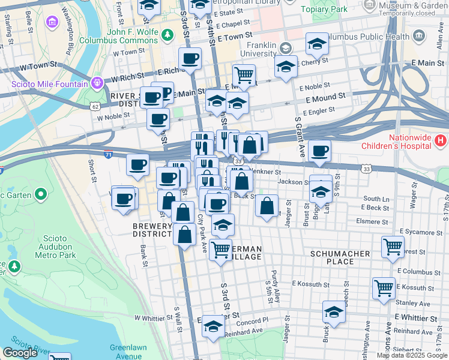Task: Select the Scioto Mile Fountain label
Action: coord(49,83)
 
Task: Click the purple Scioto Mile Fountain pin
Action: coord(95,82)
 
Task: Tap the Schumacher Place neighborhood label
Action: coord(340,258)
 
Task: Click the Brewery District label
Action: coord(152,230)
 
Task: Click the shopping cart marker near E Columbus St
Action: coord(393,246)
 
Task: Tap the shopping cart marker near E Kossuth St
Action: coord(384,287)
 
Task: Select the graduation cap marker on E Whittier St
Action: coord(334,312)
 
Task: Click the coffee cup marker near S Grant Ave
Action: coord(320,151)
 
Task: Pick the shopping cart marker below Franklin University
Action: coord(244,76)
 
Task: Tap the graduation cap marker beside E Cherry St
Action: coord(286,67)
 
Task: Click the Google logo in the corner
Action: coord(20,353)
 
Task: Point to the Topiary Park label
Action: coord(324,10)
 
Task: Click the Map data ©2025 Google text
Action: coord(412,355)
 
